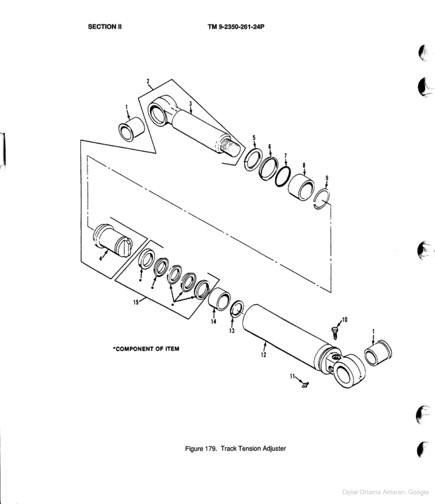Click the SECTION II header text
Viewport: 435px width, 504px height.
pos(104,26)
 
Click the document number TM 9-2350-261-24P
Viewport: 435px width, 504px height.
pos(233,26)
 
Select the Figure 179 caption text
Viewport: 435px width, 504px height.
pos(235,448)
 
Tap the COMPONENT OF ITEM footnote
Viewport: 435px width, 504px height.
pos(146,349)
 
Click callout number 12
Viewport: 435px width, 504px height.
pos(263,355)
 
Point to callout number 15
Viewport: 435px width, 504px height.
pos(135,302)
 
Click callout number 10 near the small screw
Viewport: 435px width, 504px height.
pos(344,319)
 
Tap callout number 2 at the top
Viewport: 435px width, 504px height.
pos(148,80)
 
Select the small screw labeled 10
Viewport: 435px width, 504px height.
pos(334,332)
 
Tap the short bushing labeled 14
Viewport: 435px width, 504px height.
pos(219,298)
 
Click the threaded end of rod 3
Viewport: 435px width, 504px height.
pos(233,147)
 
